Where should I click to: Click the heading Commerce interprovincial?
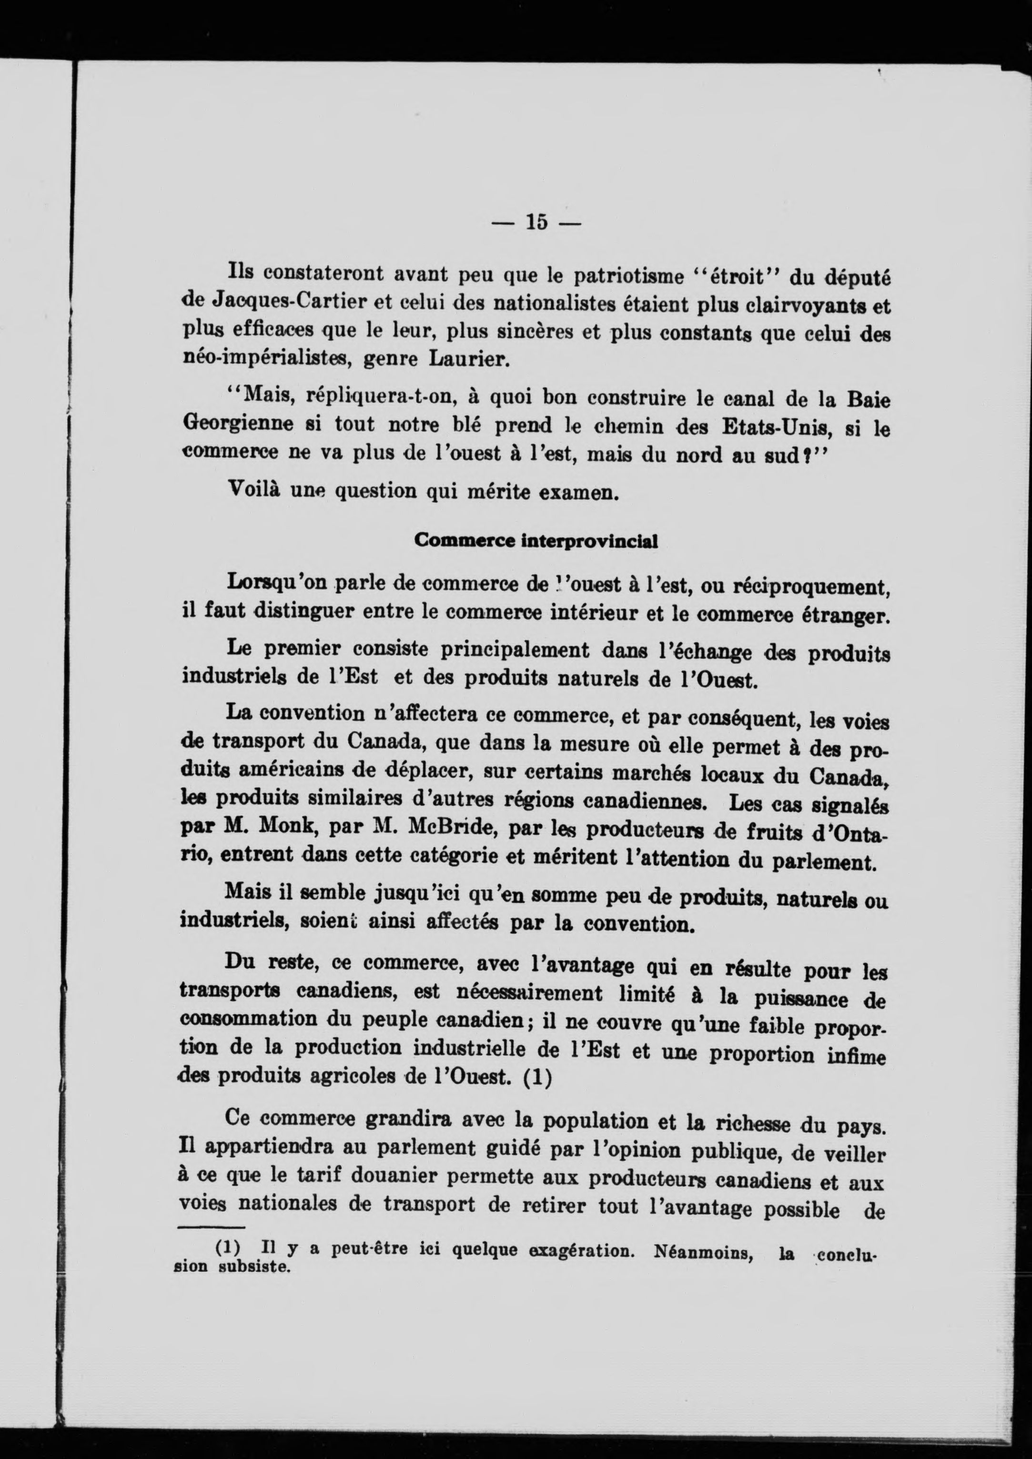point(535,541)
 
